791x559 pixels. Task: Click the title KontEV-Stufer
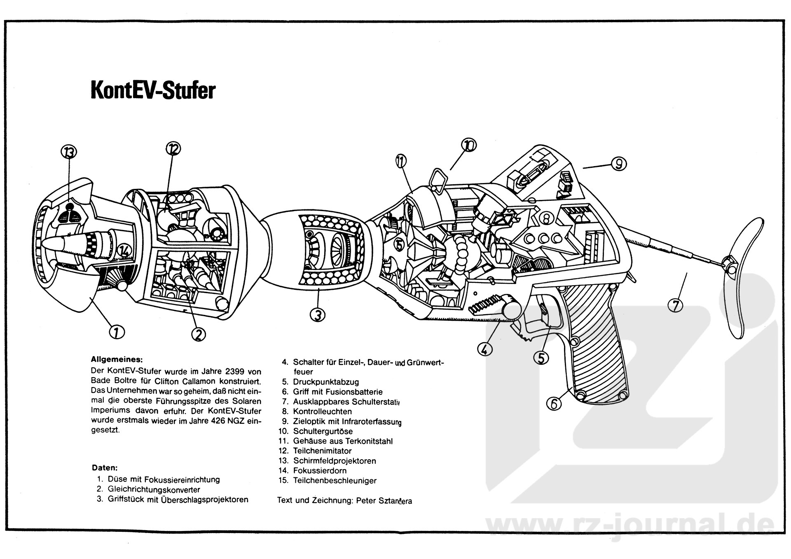coord(153,91)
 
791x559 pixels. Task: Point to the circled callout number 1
coord(117,331)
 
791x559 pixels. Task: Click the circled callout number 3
coord(317,315)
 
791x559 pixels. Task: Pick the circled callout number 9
coord(618,164)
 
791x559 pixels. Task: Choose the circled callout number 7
coord(675,305)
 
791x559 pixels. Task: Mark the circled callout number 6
coord(554,403)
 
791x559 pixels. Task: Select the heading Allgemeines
coord(117,359)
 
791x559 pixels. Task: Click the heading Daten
coord(104,468)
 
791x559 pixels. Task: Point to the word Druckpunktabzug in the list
coord(326,382)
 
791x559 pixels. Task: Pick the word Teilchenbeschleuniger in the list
coord(335,480)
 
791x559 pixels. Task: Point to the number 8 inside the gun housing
coord(546,218)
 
